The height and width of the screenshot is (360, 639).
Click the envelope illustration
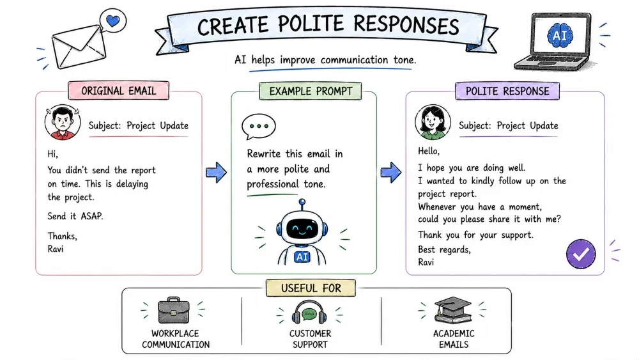[x=79, y=47]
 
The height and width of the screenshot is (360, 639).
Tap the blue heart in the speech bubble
[x=113, y=20]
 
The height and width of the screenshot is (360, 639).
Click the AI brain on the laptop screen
[x=560, y=35]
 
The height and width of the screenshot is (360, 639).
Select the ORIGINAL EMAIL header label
[x=119, y=91]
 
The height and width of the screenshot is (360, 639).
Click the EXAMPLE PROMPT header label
[x=311, y=91]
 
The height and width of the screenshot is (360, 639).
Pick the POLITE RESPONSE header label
[x=507, y=91]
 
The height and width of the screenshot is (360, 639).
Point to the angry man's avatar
[x=63, y=122]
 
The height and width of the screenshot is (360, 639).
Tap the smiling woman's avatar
[x=433, y=122]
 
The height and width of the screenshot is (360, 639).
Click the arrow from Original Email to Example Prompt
[x=216, y=173]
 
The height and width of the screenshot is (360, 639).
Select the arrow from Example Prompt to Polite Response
[x=391, y=173]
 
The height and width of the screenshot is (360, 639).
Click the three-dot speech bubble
[x=258, y=127]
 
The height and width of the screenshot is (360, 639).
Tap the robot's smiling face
[x=302, y=229]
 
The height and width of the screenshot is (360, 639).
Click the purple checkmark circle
[x=581, y=254]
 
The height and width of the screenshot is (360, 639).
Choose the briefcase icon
[x=174, y=310]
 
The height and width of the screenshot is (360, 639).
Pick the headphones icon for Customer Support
[x=309, y=312]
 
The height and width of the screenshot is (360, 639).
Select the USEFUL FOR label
[x=311, y=288]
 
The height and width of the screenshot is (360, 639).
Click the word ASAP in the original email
[x=91, y=215]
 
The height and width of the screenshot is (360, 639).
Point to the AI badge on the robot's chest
[x=302, y=257]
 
